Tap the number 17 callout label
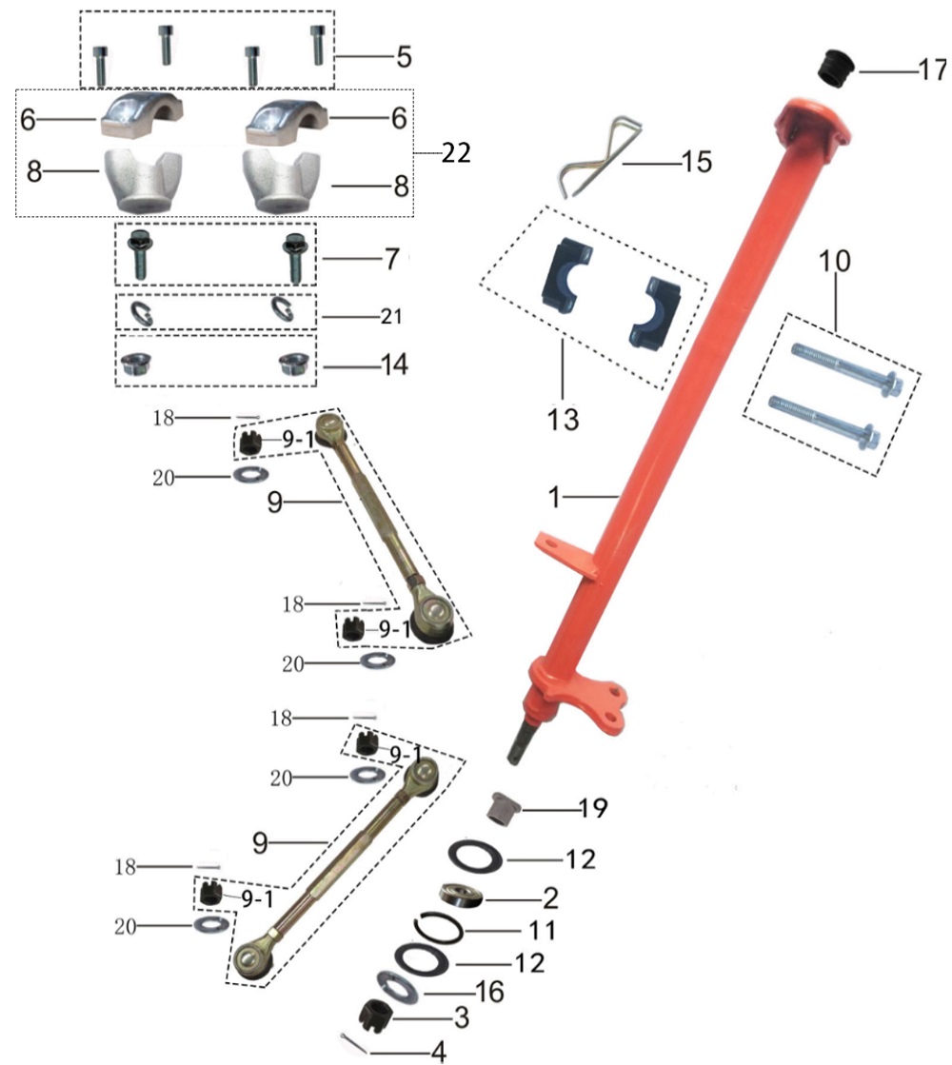point(932,69)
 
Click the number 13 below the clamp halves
point(564,419)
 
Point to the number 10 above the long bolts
point(835,260)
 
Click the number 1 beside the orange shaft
point(554,498)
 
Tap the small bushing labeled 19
point(505,805)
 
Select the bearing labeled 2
point(461,894)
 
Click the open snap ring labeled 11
point(438,929)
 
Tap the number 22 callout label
point(456,153)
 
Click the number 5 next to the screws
point(405,56)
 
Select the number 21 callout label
point(390,317)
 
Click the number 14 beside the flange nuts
point(394,365)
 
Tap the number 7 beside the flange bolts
point(392,259)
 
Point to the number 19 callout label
point(592,808)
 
